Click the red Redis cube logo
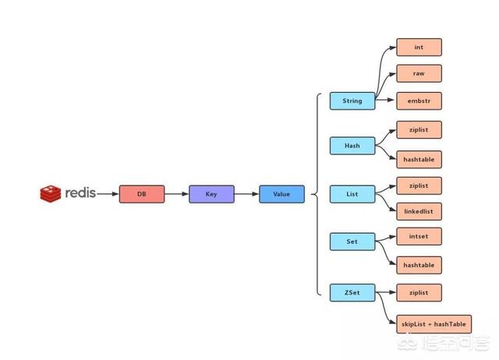50,194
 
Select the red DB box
142,194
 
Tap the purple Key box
211,194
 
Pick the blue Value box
281,194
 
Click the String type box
352,101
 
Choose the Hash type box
352,146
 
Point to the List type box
352,194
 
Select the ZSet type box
352,292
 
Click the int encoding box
419,47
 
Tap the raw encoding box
419,73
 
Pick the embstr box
419,101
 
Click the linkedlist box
419,211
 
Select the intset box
419,236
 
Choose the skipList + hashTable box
434,324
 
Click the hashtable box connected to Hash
419,159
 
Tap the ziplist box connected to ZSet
419,292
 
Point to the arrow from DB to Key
177,194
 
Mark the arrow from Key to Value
247,194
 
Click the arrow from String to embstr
386,100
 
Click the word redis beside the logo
80,192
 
